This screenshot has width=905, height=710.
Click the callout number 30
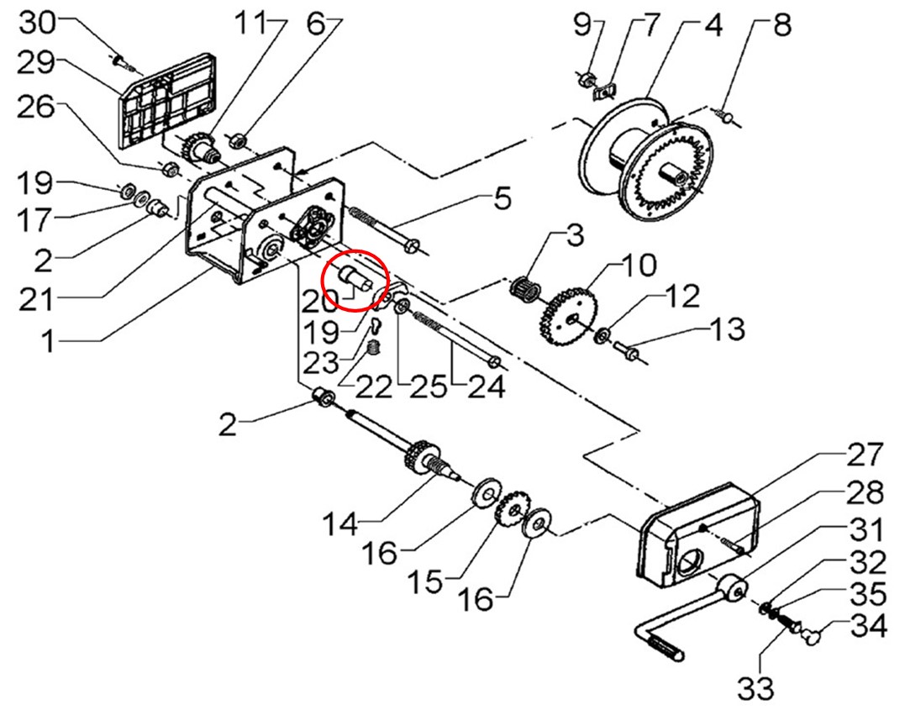tap(38, 24)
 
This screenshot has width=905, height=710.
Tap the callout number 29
tap(36, 62)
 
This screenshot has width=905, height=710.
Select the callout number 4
tap(713, 27)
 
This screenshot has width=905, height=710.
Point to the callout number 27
tap(865, 455)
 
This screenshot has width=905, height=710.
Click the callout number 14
tap(340, 524)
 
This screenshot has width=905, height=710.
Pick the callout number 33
tap(755, 686)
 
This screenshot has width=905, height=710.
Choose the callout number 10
tap(639, 265)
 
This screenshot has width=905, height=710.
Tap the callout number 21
tap(36, 300)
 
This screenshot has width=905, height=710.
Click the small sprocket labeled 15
tap(513, 508)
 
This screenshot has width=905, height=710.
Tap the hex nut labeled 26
tap(169, 169)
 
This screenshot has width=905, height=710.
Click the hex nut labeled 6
tap(238, 139)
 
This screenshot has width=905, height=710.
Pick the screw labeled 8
tap(725, 116)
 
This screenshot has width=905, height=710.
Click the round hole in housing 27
tap(690, 560)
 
